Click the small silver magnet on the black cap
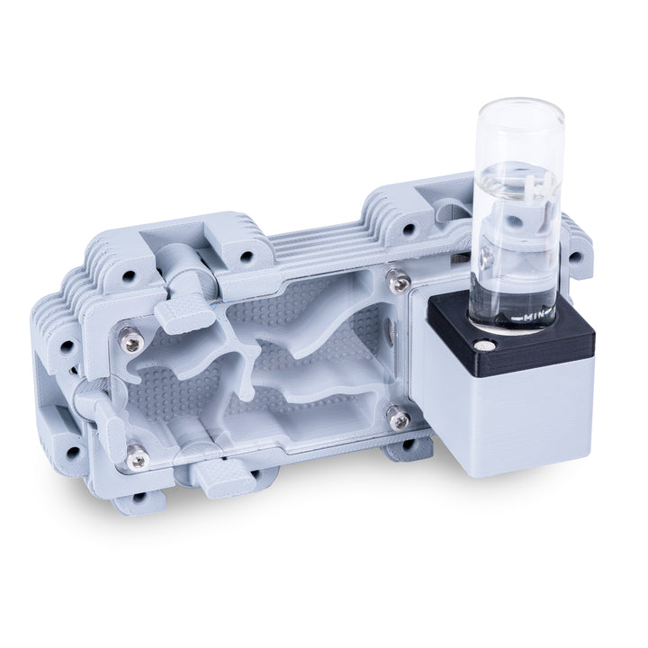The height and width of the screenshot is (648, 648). (x=487, y=345)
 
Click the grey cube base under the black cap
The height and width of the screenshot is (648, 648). (x=522, y=414)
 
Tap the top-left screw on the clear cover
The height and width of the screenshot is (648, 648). (x=132, y=341)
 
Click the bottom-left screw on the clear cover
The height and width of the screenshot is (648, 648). (x=138, y=458)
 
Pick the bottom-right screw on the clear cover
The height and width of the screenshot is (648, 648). (x=397, y=418)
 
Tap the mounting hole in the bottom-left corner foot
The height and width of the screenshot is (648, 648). (x=137, y=497)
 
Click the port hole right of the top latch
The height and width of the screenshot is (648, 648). (x=244, y=253)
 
